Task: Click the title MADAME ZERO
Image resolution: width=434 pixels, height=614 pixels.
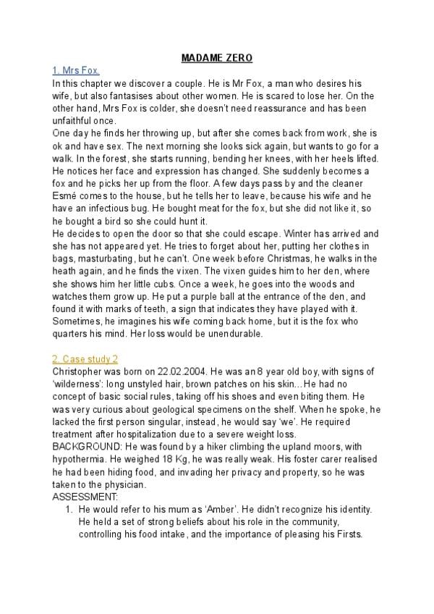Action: pos(216,57)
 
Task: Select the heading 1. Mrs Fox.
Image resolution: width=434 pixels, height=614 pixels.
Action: pos(76,70)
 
